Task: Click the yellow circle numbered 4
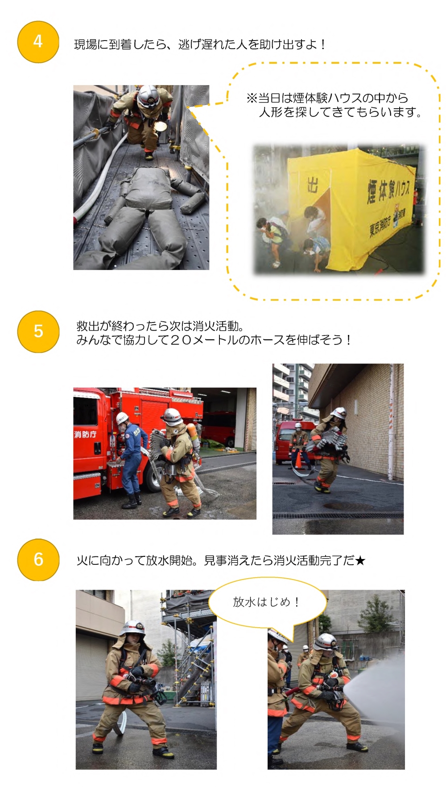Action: pyautogui.click(x=38, y=42)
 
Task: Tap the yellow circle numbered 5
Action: pyautogui.click(x=38, y=331)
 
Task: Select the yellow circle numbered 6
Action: pyautogui.click(x=38, y=559)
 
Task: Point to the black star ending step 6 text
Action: pyautogui.click(x=360, y=560)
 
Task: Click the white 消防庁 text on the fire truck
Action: pyautogui.click(x=85, y=434)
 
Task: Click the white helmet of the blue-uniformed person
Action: pyautogui.click(x=122, y=418)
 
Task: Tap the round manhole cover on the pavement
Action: pyautogui.click(x=348, y=506)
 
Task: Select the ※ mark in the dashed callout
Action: pyautogui.click(x=252, y=98)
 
